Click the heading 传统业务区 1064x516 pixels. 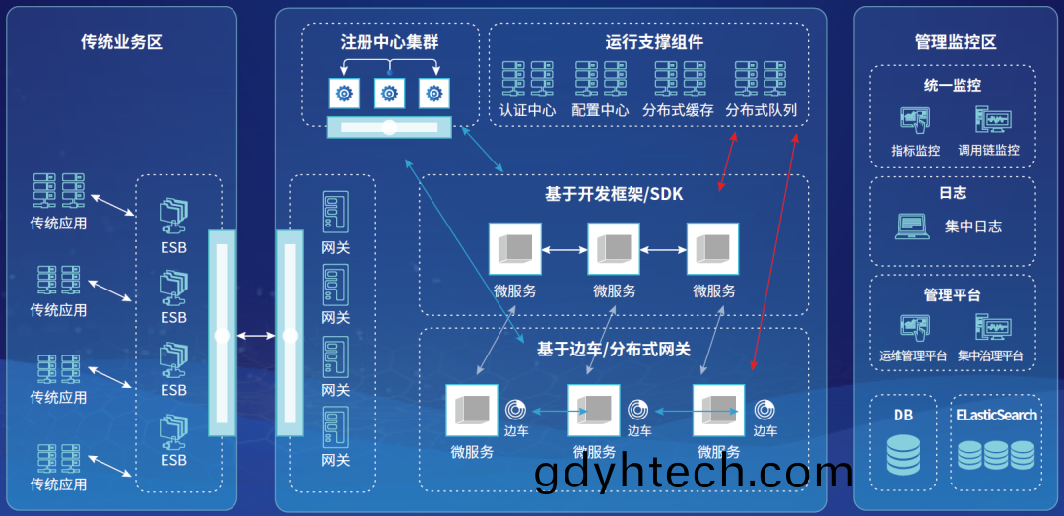pos(122,42)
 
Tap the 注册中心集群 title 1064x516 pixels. pos(389,42)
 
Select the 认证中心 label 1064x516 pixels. pos(527,110)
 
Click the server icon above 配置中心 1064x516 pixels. pos(601,78)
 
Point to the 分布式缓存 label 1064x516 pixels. pos(678,110)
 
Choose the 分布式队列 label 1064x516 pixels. pos(761,110)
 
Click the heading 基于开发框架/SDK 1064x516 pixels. pos(614,195)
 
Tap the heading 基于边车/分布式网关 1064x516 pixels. pos(614,350)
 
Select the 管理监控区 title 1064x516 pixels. pos(956,42)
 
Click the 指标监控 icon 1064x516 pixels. pos(914,121)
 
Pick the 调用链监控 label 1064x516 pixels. pos(988,150)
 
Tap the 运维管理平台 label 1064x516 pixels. pos(912,355)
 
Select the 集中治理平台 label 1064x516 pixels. pos(990,355)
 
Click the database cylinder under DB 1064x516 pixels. pos(903,455)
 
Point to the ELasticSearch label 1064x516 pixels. pos(996,415)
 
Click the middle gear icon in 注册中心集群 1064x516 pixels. pos(389,94)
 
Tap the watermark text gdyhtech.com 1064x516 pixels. pos(693,474)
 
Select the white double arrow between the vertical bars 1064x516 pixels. pos(256,336)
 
